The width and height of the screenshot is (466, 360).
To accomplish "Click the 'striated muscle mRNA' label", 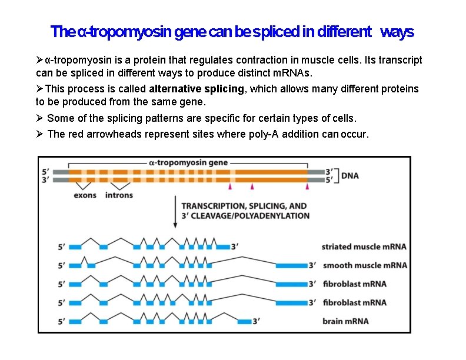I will pyautogui.click(x=364, y=246).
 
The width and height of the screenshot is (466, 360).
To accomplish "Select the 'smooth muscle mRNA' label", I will pyautogui.click(x=365, y=265).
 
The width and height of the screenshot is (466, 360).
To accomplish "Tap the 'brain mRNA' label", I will pyautogui.click(x=345, y=321).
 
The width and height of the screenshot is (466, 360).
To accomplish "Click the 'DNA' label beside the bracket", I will pyautogui.click(x=350, y=176).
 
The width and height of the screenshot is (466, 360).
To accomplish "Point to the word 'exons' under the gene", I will pyautogui.click(x=85, y=195).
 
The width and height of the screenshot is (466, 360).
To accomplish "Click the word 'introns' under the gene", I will pyautogui.click(x=119, y=195).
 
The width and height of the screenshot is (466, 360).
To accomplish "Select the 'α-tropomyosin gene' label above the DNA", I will pyautogui.click(x=188, y=162).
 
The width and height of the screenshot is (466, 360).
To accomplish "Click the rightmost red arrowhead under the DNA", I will pyautogui.click(x=307, y=186).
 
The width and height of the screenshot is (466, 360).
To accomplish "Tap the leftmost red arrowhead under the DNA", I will pyautogui.click(x=230, y=186).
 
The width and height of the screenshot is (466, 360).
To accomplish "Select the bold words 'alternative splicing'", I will pyautogui.click(x=197, y=89).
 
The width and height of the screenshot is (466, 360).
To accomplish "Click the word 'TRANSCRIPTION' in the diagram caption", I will pyautogui.click(x=214, y=206).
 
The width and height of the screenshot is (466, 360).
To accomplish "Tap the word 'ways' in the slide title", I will pyautogui.click(x=397, y=32).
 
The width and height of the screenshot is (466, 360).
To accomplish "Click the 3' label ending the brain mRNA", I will pyautogui.click(x=256, y=321).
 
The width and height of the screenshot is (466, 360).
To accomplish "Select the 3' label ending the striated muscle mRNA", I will pyautogui.click(x=235, y=246).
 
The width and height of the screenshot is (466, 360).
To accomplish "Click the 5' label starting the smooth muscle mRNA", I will pyautogui.click(x=62, y=265).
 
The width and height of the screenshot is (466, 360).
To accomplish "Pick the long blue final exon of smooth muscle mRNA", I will pyautogui.click(x=291, y=265).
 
